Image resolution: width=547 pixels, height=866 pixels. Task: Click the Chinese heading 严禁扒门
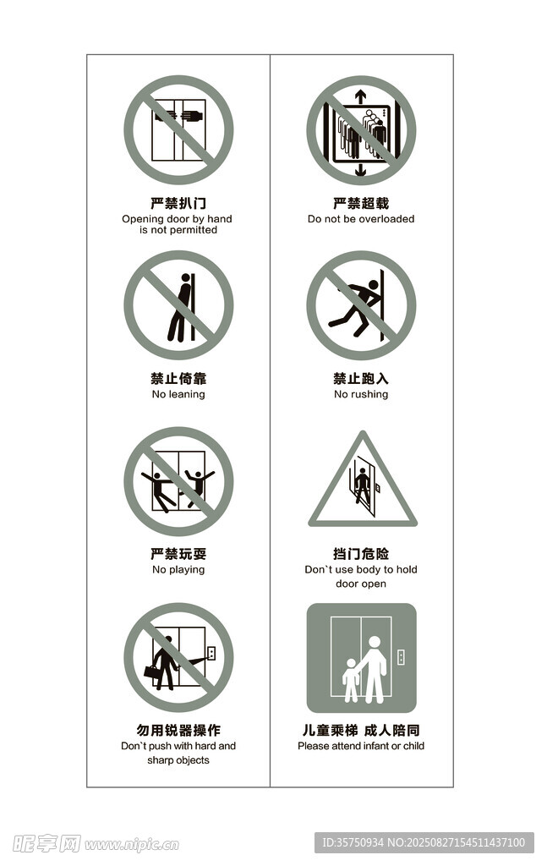point(178,203)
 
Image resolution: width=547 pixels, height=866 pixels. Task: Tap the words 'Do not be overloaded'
point(361,219)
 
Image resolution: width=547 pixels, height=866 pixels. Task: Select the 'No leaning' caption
point(178,394)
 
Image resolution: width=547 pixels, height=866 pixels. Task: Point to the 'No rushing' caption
point(361,394)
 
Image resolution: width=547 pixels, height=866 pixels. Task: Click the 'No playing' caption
point(178,569)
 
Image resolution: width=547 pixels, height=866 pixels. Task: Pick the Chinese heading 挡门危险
point(361,554)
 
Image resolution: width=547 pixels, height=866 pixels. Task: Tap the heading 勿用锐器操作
point(178,730)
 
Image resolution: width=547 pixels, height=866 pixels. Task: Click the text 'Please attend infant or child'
point(361,746)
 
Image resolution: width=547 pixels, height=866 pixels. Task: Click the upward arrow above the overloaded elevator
point(360,96)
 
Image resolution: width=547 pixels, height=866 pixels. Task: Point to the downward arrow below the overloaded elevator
point(360,169)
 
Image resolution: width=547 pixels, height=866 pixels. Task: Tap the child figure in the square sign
point(351,680)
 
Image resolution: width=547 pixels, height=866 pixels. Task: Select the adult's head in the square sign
point(375,643)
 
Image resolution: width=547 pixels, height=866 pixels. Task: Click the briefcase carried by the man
point(151,671)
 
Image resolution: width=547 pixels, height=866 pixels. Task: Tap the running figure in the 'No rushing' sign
point(355,307)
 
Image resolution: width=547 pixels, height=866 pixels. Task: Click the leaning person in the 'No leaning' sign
point(180,307)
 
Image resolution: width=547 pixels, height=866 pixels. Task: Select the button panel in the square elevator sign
point(402,657)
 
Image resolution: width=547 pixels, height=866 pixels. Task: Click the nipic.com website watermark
point(132,845)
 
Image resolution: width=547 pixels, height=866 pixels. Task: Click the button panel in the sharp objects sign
point(211,653)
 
